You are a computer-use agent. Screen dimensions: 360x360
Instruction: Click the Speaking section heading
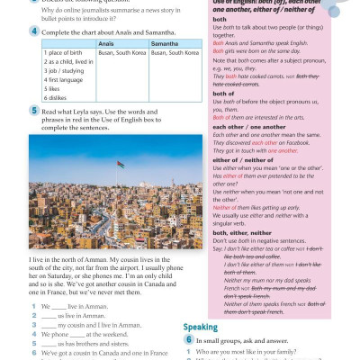(x=202, y=327)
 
